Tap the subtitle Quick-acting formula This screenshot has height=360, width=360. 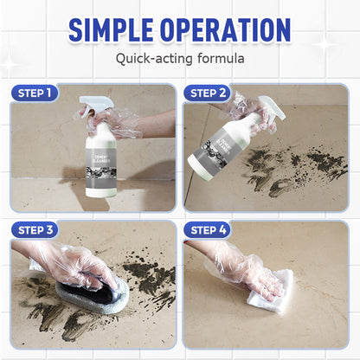tap(180, 60)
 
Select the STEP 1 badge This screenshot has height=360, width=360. tap(35, 93)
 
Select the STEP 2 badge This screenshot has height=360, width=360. tap(209, 93)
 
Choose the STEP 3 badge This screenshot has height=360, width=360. tap(35, 229)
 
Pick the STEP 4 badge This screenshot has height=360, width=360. tap(209, 229)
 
